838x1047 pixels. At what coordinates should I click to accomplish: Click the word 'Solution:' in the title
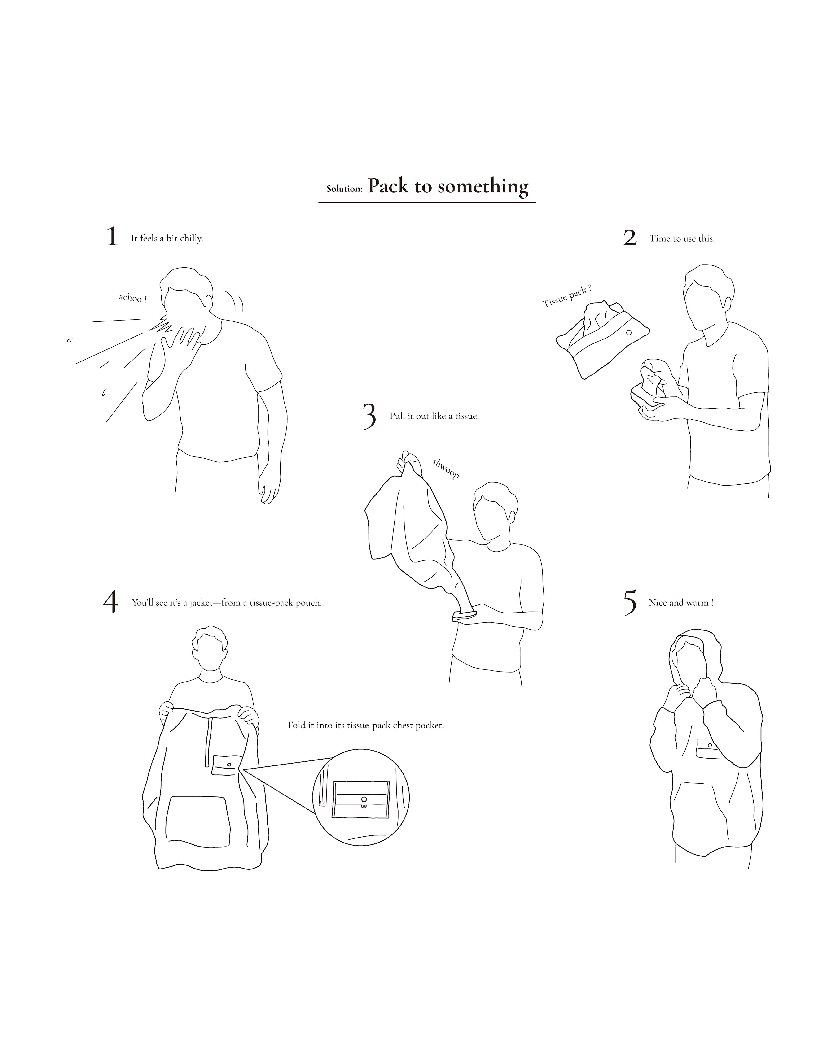click(344, 189)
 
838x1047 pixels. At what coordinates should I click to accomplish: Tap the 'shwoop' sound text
click(445, 469)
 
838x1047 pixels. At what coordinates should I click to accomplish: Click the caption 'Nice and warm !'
click(681, 603)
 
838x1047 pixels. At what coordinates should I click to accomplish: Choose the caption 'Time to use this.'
click(682, 239)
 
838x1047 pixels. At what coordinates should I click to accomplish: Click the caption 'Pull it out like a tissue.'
click(434, 416)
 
